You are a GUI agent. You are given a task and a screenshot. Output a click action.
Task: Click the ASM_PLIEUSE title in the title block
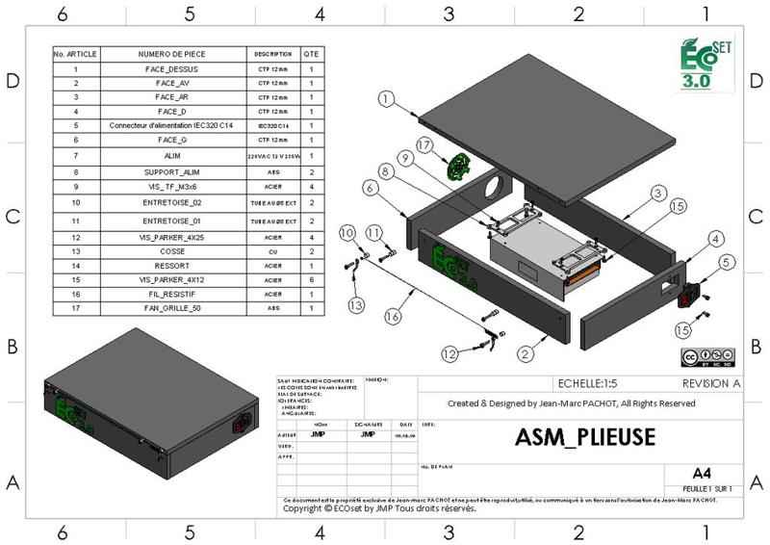pyautogui.click(x=585, y=436)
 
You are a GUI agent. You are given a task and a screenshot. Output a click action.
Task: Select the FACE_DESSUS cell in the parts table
pyautogui.click(x=171, y=70)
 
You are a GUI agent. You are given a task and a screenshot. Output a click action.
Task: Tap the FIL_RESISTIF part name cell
pyautogui.click(x=171, y=293)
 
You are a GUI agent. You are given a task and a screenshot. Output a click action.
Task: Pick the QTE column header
pyautogui.click(x=311, y=54)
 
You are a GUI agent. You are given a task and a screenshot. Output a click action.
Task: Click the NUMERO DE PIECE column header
pyautogui.click(x=171, y=54)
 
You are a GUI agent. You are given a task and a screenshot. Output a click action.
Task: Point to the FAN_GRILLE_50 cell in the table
pyautogui.click(x=171, y=308)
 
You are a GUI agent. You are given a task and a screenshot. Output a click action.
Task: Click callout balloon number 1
pyautogui.click(x=386, y=98)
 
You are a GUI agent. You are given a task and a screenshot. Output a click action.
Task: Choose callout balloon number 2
pyautogui.click(x=526, y=354)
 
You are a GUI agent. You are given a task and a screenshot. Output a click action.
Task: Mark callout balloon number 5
pyautogui.click(x=728, y=261)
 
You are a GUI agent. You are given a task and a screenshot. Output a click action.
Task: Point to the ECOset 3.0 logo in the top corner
pyautogui.click(x=706, y=64)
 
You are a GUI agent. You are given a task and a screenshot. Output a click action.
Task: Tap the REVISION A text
pyautogui.click(x=710, y=382)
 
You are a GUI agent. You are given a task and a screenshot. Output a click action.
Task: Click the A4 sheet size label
pyautogui.click(x=702, y=473)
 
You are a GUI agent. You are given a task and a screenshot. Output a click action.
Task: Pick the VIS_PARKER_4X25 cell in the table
pyautogui.click(x=171, y=237)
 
